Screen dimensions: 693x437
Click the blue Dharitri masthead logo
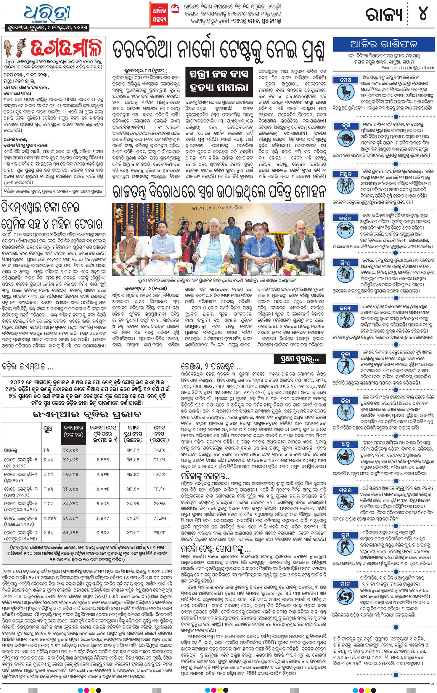click(x=47, y=13)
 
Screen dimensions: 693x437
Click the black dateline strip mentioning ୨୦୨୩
click(x=47, y=28)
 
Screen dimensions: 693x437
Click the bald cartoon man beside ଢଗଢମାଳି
click(x=15, y=49)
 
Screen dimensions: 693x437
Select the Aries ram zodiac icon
click(x=346, y=92)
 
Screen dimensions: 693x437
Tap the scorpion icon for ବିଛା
click(x=346, y=412)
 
